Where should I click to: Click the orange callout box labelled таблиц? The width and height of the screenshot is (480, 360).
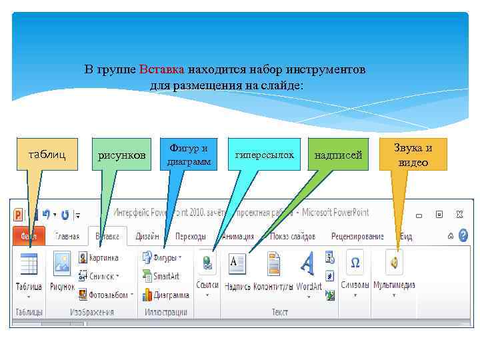tap(47, 155)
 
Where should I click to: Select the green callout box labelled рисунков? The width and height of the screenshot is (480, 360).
tap(121, 155)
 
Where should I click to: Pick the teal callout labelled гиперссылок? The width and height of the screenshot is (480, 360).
tap(264, 155)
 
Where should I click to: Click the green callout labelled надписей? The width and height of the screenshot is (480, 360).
tap(339, 155)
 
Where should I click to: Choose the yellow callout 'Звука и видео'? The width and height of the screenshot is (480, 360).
tap(413, 155)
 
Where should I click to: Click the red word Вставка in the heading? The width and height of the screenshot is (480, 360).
tap(163, 69)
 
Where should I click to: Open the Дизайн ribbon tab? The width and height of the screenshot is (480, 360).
tap(147, 236)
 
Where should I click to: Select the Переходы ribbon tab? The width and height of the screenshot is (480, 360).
tap(190, 236)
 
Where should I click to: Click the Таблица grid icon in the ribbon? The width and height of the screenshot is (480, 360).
tap(29, 264)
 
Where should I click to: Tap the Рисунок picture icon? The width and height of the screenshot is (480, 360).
tap(62, 264)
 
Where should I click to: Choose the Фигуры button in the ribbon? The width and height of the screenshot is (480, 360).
tap(160, 257)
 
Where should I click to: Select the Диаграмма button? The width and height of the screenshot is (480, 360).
tap(166, 294)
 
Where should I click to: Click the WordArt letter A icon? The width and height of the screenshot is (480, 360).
tap(307, 263)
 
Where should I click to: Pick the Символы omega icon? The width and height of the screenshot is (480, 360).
tap(355, 263)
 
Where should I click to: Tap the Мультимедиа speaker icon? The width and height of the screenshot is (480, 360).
tap(395, 263)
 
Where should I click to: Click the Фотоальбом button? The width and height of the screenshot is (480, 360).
tap(105, 294)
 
